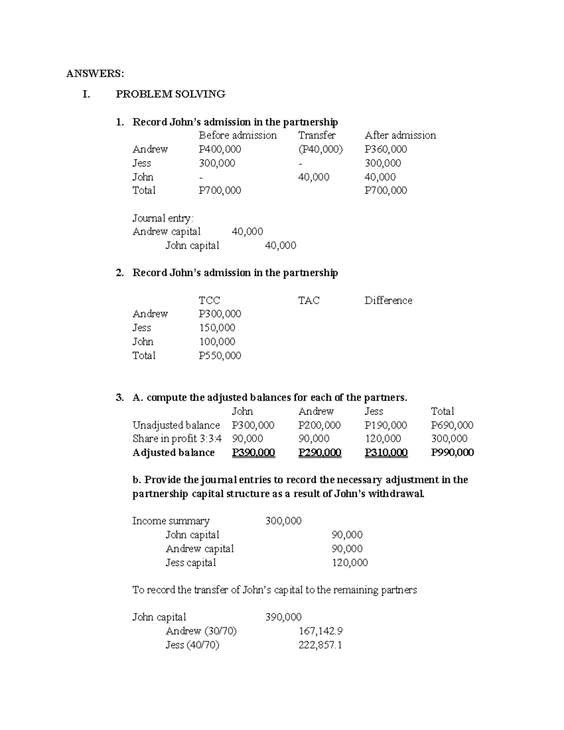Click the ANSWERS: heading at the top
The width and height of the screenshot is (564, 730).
[x=95, y=73]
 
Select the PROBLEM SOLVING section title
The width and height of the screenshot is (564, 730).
[x=170, y=94]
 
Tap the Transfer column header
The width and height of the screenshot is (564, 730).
[x=317, y=135]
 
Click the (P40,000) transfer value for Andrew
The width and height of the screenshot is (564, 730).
[x=321, y=149]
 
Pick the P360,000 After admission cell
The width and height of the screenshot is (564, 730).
[x=385, y=149]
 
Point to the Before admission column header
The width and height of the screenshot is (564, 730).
[x=237, y=135]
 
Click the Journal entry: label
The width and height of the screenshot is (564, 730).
[x=163, y=218]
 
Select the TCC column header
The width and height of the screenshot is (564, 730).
[x=209, y=300]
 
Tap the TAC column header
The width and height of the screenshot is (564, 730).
[x=309, y=300]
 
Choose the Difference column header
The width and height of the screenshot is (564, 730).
[x=388, y=300]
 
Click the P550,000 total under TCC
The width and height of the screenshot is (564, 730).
[x=219, y=355]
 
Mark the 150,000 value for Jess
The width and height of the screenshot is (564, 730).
[x=217, y=328]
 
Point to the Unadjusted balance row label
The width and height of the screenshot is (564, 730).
[x=176, y=425]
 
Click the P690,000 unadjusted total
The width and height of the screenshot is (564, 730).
[x=452, y=425]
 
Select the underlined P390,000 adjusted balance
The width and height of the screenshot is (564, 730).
[x=253, y=453]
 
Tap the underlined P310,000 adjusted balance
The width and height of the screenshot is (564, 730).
[x=386, y=453]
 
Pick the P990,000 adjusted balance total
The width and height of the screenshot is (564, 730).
[x=452, y=453]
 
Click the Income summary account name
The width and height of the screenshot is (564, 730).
[x=171, y=521]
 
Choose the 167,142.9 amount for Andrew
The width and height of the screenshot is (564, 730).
[x=321, y=631]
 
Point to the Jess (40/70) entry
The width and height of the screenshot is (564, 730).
[x=192, y=645]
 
